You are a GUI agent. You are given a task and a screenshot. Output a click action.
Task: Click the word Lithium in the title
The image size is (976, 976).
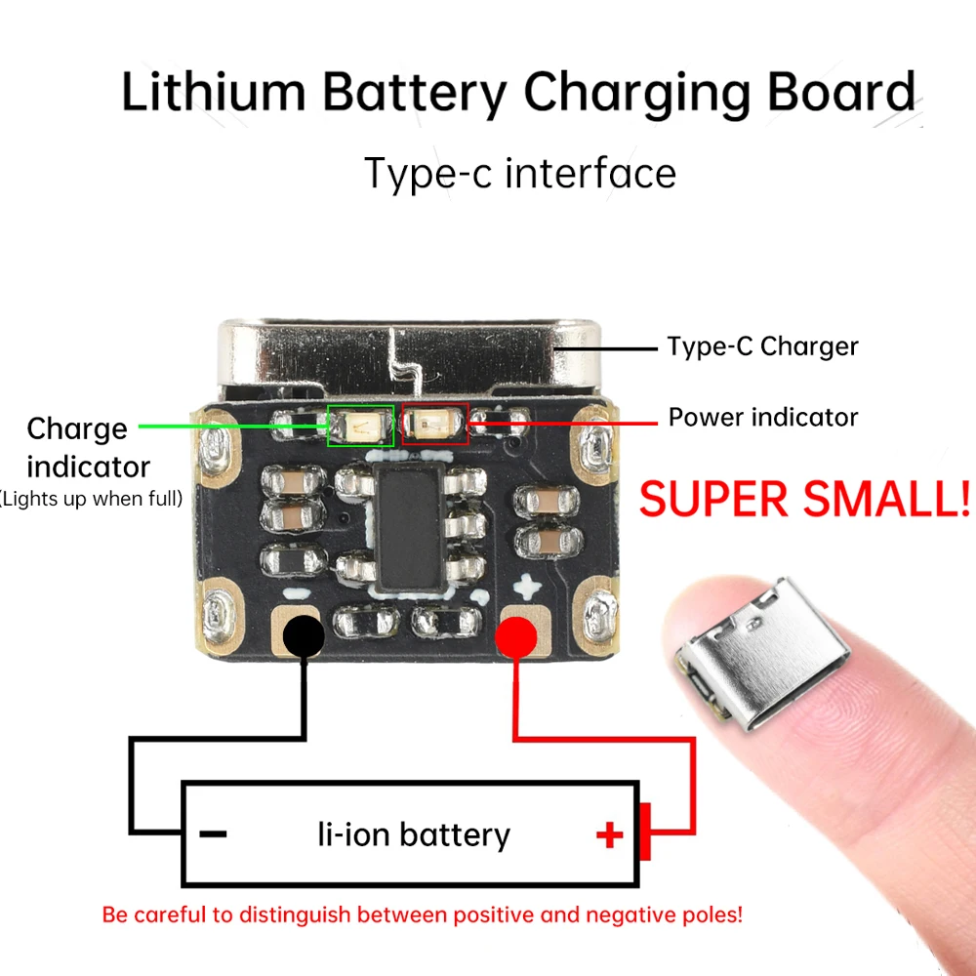pyautogui.click(x=213, y=93)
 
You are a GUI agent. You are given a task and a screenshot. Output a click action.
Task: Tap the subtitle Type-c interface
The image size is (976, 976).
pyautogui.click(x=519, y=173)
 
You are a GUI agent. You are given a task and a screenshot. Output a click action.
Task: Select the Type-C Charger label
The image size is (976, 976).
pyautogui.click(x=762, y=346)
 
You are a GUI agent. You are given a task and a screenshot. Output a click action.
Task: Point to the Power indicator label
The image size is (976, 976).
pyautogui.click(x=763, y=418)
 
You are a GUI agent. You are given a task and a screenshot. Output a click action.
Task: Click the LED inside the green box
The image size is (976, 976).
pyautogui.click(x=360, y=425)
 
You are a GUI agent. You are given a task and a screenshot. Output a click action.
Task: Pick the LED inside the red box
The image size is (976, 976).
pyautogui.click(x=435, y=424)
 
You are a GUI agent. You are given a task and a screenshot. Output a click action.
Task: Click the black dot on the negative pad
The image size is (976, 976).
pyautogui.click(x=304, y=636)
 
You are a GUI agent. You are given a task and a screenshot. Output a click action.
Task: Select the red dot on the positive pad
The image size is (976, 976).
pyautogui.click(x=516, y=637)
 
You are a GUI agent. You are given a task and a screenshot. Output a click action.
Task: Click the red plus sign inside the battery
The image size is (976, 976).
pyautogui.click(x=609, y=835)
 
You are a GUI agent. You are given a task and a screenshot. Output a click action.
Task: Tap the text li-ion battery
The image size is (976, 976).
pyautogui.click(x=414, y=835)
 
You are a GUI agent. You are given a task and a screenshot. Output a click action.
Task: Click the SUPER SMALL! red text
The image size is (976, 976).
pyautogui.click(x=805, y=499)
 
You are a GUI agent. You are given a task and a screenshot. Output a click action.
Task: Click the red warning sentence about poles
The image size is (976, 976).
pyautogui.click(x=423, y=915)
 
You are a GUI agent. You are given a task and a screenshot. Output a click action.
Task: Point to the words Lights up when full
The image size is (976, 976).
pyautogui.click(x=91, y=500)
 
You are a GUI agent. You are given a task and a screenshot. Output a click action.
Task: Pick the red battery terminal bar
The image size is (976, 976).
pyautogui.click(x=645, y=833)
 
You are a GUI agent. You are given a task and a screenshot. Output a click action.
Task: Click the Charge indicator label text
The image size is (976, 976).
pyautogui.click(x=87, y=447)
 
